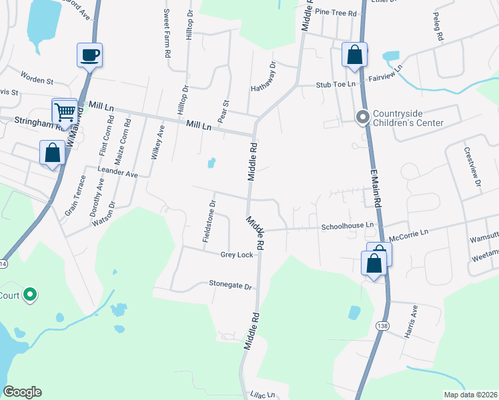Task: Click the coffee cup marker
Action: pos(89,55)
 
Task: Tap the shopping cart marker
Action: pos(65,111)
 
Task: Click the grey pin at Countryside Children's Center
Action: pos(362,117)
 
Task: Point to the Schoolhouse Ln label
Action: pos(347,227)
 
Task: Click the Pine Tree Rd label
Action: pos(337,12)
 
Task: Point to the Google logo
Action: pos(22,392)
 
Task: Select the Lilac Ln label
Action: pos(263,395)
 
